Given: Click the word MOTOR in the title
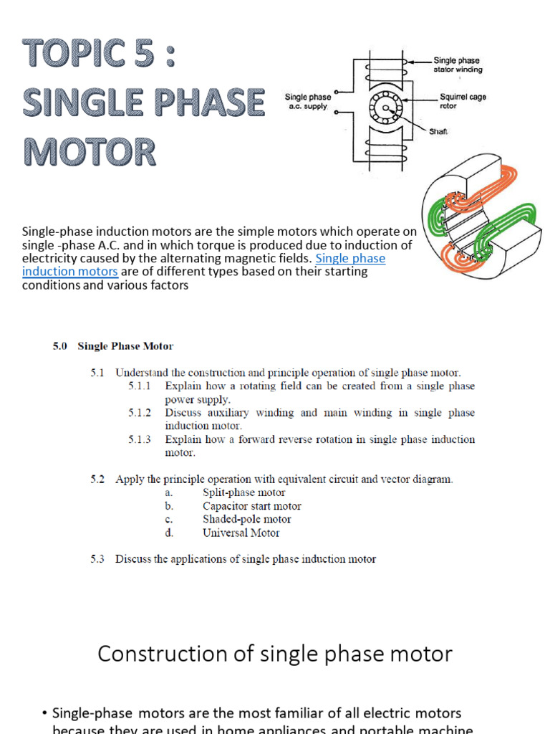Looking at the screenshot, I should pos(90,151).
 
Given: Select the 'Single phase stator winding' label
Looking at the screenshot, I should pos(457,65).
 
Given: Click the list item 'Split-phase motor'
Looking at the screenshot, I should pos(243,492).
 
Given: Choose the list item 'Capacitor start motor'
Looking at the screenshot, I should pos(251,506).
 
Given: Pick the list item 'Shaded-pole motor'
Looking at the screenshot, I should pos(246,519).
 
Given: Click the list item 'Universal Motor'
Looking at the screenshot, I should pos(241,533).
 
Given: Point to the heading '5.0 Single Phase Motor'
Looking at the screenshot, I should pos(112,346).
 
